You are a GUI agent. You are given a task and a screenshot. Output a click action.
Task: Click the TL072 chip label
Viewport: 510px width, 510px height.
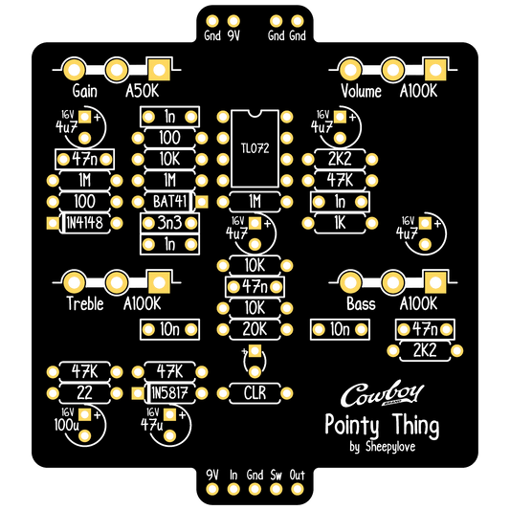[x=255, y=148]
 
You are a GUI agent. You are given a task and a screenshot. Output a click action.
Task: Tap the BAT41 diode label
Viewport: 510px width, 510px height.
[x=169, y=202]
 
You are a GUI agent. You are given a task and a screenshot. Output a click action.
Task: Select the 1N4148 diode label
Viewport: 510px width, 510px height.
[x=84, y=223]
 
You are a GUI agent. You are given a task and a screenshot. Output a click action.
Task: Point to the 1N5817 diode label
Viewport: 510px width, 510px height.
[x=169, y=393]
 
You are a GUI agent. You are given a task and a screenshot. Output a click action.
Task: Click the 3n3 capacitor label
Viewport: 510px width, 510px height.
[x=169, y=223]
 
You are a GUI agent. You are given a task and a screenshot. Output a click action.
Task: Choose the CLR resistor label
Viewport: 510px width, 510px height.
[x=255, y=393]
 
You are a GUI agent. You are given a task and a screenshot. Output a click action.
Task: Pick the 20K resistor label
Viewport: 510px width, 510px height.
[x=255, y=329]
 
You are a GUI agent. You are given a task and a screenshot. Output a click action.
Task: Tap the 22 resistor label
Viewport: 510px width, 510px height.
[x=84, y=393]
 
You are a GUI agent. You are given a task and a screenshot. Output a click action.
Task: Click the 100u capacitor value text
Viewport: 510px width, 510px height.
[x=66, y=425]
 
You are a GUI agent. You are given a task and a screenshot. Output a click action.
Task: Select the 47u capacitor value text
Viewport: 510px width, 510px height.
[x=151, y=425]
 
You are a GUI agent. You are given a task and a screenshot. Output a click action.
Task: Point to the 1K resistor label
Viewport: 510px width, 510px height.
[x=340, y=223]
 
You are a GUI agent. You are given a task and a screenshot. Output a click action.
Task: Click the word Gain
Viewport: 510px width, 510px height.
[x=84, y=91]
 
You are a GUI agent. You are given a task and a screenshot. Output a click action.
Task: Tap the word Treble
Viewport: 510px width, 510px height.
[x=85, y=303]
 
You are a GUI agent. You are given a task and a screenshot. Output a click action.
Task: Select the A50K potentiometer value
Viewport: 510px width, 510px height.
[x=143, y=91]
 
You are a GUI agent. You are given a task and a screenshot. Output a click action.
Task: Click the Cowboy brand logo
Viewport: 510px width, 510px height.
[x=382, y=393]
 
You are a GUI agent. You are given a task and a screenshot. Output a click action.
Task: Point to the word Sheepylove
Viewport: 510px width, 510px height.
[x=390, y=446]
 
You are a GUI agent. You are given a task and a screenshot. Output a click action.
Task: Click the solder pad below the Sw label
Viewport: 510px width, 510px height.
[x=276, y=489]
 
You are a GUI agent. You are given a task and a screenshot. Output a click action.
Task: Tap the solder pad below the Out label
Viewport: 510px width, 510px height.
[x=297, y=489]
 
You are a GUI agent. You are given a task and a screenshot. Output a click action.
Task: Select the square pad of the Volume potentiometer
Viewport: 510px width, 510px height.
[x=435, y=70]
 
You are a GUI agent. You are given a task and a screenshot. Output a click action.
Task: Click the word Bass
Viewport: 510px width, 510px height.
[x=361, y=303]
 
